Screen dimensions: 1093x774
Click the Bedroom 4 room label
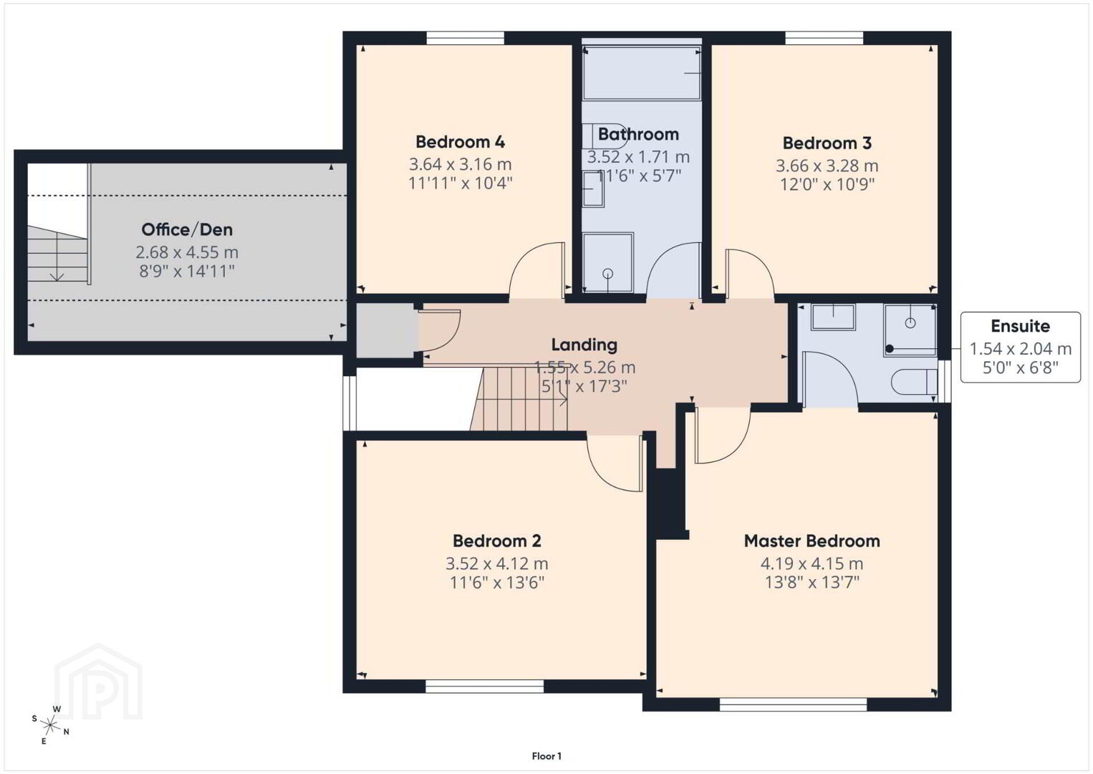[x=460, y=142]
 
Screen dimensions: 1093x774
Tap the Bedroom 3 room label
[x=827, y=143]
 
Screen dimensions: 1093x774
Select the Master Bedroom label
[x=812, y=541]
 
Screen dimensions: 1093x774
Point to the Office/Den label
[x=187, y=229]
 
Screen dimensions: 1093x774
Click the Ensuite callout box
[x=1020, y=347]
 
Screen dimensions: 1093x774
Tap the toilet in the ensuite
[x=915, y=381]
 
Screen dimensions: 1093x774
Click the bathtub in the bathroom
[x=642, y=73]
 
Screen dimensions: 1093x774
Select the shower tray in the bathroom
[x=608, y=263]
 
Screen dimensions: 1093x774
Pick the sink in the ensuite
[x=833, y=317]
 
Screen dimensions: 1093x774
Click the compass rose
[x=49, y=725]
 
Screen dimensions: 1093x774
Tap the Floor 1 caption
[x=546, y=756]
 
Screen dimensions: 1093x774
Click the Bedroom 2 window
[x=484, y=687]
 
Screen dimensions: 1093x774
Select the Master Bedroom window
[x=794, y=704]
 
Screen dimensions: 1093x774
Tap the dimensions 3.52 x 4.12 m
[x=497, y=564]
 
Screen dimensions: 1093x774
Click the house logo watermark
[x=98, y=682]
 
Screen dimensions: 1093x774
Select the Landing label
[x=584, y=345]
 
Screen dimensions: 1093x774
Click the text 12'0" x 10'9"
[x=827, y=185]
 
